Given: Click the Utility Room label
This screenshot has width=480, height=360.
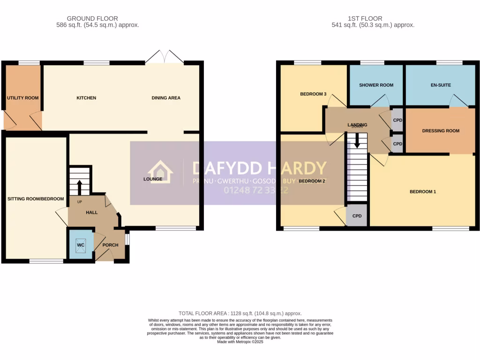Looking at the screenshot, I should (x=22, y=98).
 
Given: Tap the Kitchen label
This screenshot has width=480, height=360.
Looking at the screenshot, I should (x=86, y=98).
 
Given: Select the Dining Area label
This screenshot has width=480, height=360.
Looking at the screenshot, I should (x=166, y=98).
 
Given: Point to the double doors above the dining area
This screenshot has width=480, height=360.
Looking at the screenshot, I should (x=164, y=57).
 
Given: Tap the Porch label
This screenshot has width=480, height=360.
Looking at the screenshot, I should (x=111, y=245).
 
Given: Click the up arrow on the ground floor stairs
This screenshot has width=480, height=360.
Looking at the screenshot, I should (x=79, y=187).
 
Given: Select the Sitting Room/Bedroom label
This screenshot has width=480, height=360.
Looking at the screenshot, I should (x=36, y=199).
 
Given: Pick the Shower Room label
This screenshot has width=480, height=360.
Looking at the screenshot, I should (x=376, y=85).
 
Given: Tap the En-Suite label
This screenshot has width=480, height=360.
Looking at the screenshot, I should (x=440, y=85).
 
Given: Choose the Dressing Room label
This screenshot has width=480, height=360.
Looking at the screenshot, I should (x=440, y=131).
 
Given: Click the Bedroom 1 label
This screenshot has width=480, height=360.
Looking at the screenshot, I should (x=423, y=191).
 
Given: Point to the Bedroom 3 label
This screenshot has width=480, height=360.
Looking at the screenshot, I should (x=313, y=94).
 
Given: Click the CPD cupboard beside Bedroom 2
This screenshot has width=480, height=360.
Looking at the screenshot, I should (x=357, y=217).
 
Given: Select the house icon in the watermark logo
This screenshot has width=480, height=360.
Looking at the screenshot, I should (x=160, y=172).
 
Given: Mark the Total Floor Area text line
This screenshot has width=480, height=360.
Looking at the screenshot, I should (x=240, y=313).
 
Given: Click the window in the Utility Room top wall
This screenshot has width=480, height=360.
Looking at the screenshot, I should (x=29, y=62).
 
